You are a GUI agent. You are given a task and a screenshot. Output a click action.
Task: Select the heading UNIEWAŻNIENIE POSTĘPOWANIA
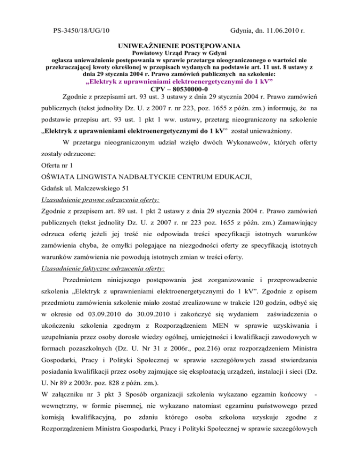(x=180, y=46)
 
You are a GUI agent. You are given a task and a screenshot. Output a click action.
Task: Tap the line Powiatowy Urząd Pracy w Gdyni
(x=180, y=55)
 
